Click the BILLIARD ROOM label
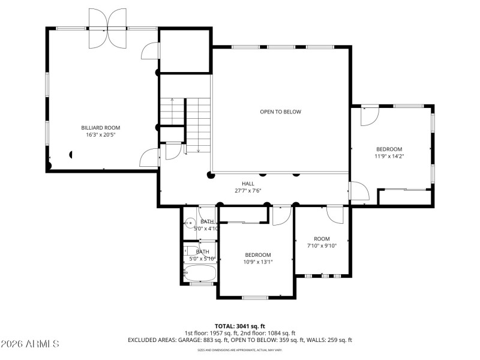click(x=101, y=127)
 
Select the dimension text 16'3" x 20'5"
click(x=101, y=135)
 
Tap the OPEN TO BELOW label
click(x=280, y=112)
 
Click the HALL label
click(x=248, y=184)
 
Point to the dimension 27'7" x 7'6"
click(x=248, y=191)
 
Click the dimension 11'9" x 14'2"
click(x=389, y=156)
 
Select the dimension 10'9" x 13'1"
click(x=258, y=262)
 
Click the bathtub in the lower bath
click(x=200, y=273)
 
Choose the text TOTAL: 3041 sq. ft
click(x=240, y=326)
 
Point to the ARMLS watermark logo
click(x=30, y=344)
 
